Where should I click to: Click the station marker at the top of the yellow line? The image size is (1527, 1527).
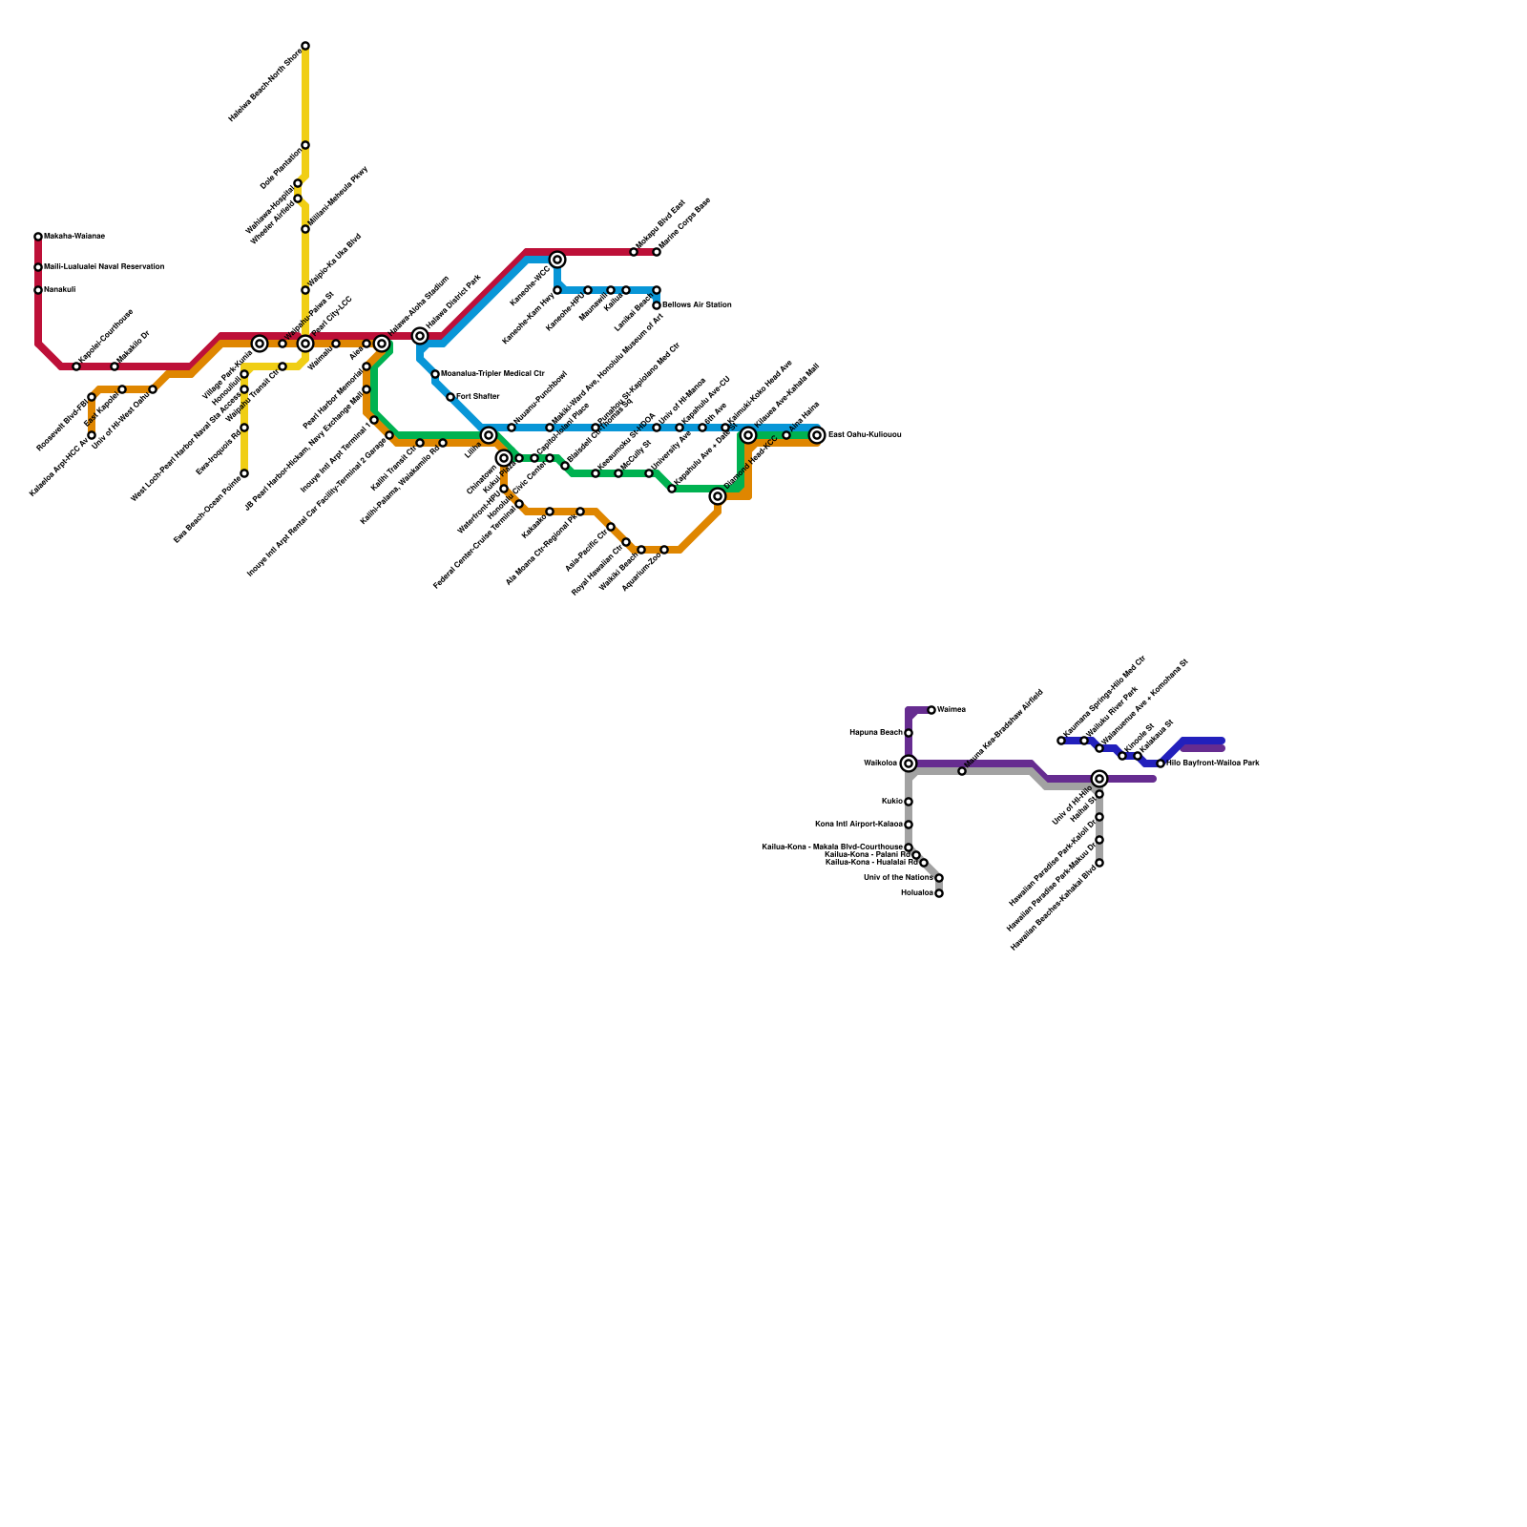tap(305, 46)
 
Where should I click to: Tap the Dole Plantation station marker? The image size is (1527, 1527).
tap(305, 145)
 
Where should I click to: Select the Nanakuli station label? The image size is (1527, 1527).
tap(59, 289)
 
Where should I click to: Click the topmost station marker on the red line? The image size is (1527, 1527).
tap(38, 237)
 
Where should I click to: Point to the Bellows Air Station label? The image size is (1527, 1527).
tap(697, 305)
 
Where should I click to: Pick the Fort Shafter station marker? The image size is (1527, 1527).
tap(450, 397)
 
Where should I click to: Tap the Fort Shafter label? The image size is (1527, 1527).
tap(478, 396)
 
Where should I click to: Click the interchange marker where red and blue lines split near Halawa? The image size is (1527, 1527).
tap(420, 336)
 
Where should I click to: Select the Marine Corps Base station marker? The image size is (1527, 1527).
tap(657, 252)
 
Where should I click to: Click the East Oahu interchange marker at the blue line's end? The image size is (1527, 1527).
tap(817, 435)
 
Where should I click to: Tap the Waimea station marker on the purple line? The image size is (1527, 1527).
tap(931, 710)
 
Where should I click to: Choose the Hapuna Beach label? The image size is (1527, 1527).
tap(876, 733)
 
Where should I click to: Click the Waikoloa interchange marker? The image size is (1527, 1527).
tap(909, 763)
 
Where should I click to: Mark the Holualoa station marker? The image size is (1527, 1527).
tap(939, 893)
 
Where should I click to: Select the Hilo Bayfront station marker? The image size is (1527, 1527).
tap(1161, 763)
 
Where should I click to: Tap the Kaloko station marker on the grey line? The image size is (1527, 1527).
tap(909, 802)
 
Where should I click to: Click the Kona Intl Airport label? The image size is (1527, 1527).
tap(858, 824)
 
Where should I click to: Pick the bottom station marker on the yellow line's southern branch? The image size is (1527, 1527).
tap(244, 473)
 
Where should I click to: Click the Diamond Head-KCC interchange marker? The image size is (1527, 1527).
tap(718, 496)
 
